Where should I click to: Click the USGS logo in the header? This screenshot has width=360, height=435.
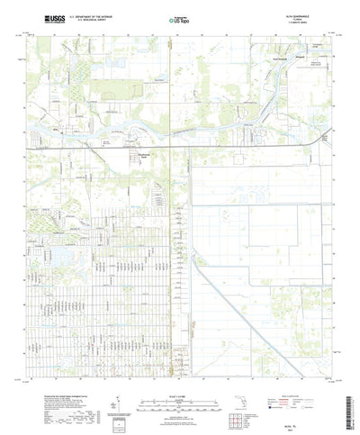(53, 18)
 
